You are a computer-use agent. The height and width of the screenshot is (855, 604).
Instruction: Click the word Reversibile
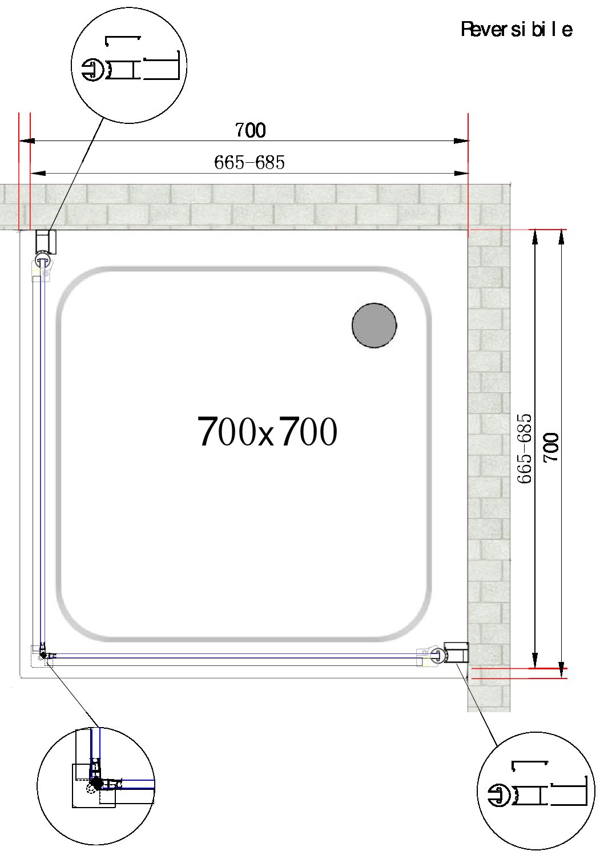coord(516,29)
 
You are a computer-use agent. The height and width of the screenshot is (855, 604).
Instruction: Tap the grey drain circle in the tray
coord(374,326)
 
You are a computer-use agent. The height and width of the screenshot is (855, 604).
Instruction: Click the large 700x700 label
coord(267,432)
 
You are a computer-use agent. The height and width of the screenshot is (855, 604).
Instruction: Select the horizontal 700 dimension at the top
coord(250,131)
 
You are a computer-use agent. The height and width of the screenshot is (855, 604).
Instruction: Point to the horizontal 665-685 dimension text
coord(249,163)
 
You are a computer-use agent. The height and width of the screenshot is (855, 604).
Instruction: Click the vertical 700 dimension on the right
coord(551,448)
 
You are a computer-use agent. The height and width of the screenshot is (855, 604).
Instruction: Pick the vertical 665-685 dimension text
coord(525,449)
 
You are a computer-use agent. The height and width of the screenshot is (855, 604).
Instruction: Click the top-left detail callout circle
coord(129,65)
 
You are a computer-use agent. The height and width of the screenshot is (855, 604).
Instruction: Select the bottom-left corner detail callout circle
coord(96,785)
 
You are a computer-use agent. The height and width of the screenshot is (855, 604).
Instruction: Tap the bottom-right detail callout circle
coord(535,790)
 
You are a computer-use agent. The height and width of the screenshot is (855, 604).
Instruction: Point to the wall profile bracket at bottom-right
coord(457,653)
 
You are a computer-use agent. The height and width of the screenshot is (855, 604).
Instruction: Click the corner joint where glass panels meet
coord(43,656)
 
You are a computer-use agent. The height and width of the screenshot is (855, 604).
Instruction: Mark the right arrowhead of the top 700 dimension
coord(461,141)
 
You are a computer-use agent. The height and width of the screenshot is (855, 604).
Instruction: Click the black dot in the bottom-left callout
coord(97,784)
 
